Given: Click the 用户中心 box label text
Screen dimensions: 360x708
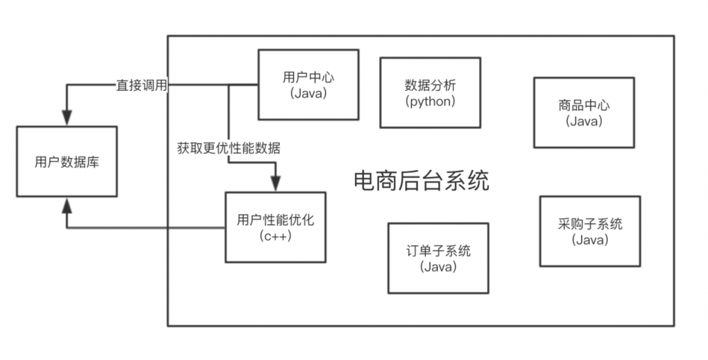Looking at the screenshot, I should (298, 77).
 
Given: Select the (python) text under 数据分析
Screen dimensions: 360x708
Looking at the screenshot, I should (430, 101).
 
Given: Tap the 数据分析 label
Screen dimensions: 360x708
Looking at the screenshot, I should (430, 85).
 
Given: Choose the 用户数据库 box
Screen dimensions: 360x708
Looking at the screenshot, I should (67, 162).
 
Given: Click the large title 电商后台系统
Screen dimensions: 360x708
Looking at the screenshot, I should (421, 181).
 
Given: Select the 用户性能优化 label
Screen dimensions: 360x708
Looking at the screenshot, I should (275, 220).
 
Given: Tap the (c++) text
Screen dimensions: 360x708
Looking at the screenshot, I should (275, 235).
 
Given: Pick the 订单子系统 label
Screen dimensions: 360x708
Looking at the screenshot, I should (438, 251).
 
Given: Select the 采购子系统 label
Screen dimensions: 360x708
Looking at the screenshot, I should (590, 224).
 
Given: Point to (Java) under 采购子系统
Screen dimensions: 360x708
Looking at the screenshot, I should (590, 240).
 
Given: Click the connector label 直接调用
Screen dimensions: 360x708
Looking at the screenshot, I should (142, 85).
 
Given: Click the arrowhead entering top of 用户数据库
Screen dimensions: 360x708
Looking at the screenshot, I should (66, 119).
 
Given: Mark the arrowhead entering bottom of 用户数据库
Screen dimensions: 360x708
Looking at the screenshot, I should (66, 205).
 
